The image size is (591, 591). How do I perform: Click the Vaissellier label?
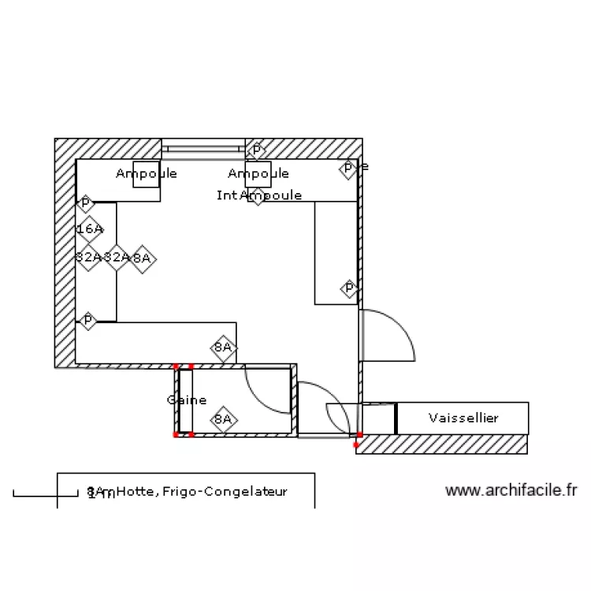pyautogui.click(x=463, y=418)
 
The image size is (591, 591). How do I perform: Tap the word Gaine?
pyautogui.click(x=187, y=400)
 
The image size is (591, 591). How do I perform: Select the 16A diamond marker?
pyautogui.click(x=90, y=229)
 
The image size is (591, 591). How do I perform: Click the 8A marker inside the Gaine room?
pyautogui.click(x=224, y=419)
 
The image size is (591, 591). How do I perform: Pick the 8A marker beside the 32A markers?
pyautogui.click(x=142, y=258)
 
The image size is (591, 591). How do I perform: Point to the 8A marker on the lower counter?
pyautogui.click(x=224, y=347)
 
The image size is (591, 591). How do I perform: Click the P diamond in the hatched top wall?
pyautogui.click(x=256, y=150)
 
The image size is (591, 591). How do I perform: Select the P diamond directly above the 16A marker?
pyautogui.click(x=85, y=203)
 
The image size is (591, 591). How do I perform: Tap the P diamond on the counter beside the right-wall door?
pyautogui.click(x=349, y=289)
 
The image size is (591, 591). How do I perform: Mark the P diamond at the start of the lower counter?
pyautogui.click(x=87, y=321)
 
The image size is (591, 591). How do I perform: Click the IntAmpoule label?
pyautogui.click(x=259, y=195)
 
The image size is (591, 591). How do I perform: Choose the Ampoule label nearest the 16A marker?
pyautogui.click(x=147, y=173)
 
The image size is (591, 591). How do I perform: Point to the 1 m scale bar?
pyautogui.click(x=35, y=494)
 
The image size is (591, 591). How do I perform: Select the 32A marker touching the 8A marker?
pyautogui.click(x=117, y=257)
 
